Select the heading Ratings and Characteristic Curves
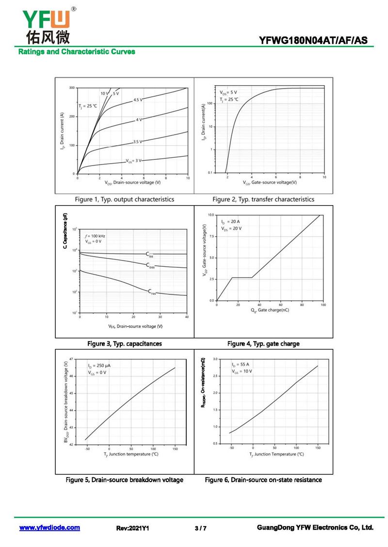77,52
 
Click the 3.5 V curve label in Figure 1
138,141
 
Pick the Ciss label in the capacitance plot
150,254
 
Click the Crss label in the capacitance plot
152,291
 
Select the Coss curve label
151,265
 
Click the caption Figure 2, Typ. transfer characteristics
263,199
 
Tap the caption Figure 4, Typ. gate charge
263,344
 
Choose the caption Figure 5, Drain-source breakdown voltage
125,480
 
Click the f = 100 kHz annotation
95,236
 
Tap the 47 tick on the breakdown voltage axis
71,359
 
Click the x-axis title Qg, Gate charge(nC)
270,310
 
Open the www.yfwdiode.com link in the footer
49,528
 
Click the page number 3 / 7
200,528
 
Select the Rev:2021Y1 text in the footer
132,528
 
